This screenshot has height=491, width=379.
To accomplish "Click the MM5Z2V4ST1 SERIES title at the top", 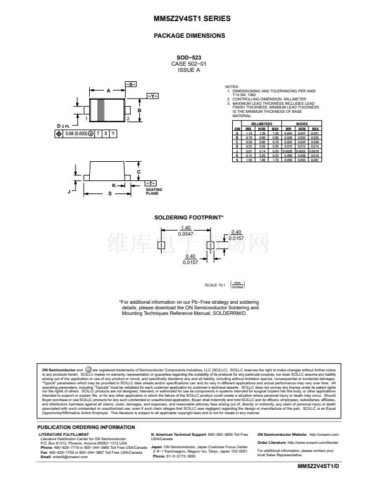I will (189, 19).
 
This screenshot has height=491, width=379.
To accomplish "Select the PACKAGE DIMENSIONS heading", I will (189, 36).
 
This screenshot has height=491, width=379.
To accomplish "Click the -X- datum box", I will (131, 84).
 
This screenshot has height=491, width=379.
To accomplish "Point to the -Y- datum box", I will (152, 96).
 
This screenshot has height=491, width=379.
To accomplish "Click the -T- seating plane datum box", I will (150, 184).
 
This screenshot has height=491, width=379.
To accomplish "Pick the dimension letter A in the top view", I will (108, 91).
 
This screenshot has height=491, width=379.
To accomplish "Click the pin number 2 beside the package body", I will (127, 118).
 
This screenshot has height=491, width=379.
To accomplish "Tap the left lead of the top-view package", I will (85, 110).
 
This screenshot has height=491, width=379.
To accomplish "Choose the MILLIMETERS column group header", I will (248, 123).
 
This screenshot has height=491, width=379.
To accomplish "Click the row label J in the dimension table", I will (236, 151).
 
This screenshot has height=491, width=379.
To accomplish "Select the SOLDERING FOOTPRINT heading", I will (189, 218).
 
